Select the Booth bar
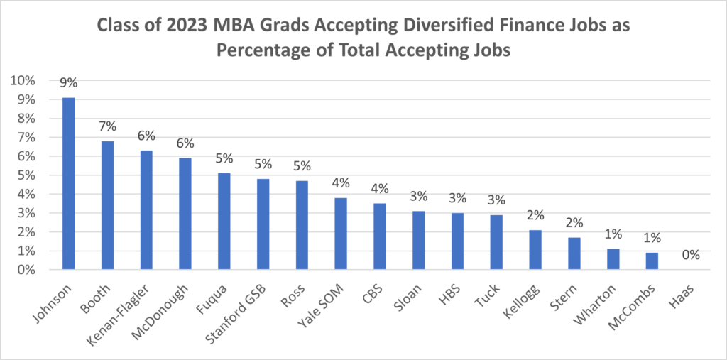click(107, 205)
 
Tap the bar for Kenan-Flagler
click(146, 210)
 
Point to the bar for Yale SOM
click(341, 234)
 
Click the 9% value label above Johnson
click(68, 84)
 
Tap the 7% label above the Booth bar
click(107, 127)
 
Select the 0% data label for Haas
click(692, 256)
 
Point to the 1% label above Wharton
click(613, 235)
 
